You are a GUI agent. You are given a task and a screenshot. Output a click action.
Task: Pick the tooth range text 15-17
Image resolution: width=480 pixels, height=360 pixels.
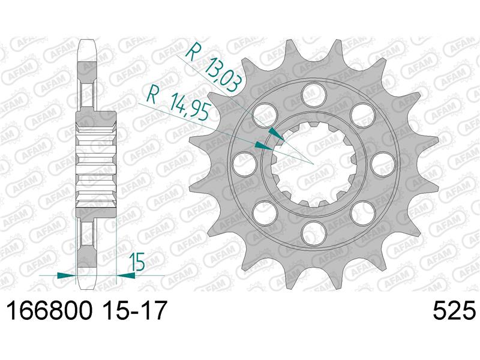(130, 313)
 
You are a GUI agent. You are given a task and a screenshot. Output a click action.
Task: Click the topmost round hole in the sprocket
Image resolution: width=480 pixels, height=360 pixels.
(310, 92)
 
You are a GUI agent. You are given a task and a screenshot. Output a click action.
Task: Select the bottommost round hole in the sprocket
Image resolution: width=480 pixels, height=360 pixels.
(310, 230)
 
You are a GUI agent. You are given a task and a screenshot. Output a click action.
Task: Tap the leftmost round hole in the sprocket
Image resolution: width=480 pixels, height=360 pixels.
(241, 160)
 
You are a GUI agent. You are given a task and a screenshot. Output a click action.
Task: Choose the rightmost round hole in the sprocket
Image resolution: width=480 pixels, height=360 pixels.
(379, 160)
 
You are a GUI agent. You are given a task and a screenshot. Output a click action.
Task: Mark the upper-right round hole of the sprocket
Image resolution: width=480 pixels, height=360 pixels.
(359, 112)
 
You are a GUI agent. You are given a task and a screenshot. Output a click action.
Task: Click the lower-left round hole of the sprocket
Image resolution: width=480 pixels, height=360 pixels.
(262, 209)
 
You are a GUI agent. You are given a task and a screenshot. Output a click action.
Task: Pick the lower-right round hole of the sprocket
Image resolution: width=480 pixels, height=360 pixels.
(359, 209)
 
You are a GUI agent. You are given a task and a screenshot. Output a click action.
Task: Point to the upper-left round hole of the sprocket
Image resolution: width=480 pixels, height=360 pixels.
(262, 112)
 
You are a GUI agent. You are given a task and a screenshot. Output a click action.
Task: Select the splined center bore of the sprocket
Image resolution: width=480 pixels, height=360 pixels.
(310, 161)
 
